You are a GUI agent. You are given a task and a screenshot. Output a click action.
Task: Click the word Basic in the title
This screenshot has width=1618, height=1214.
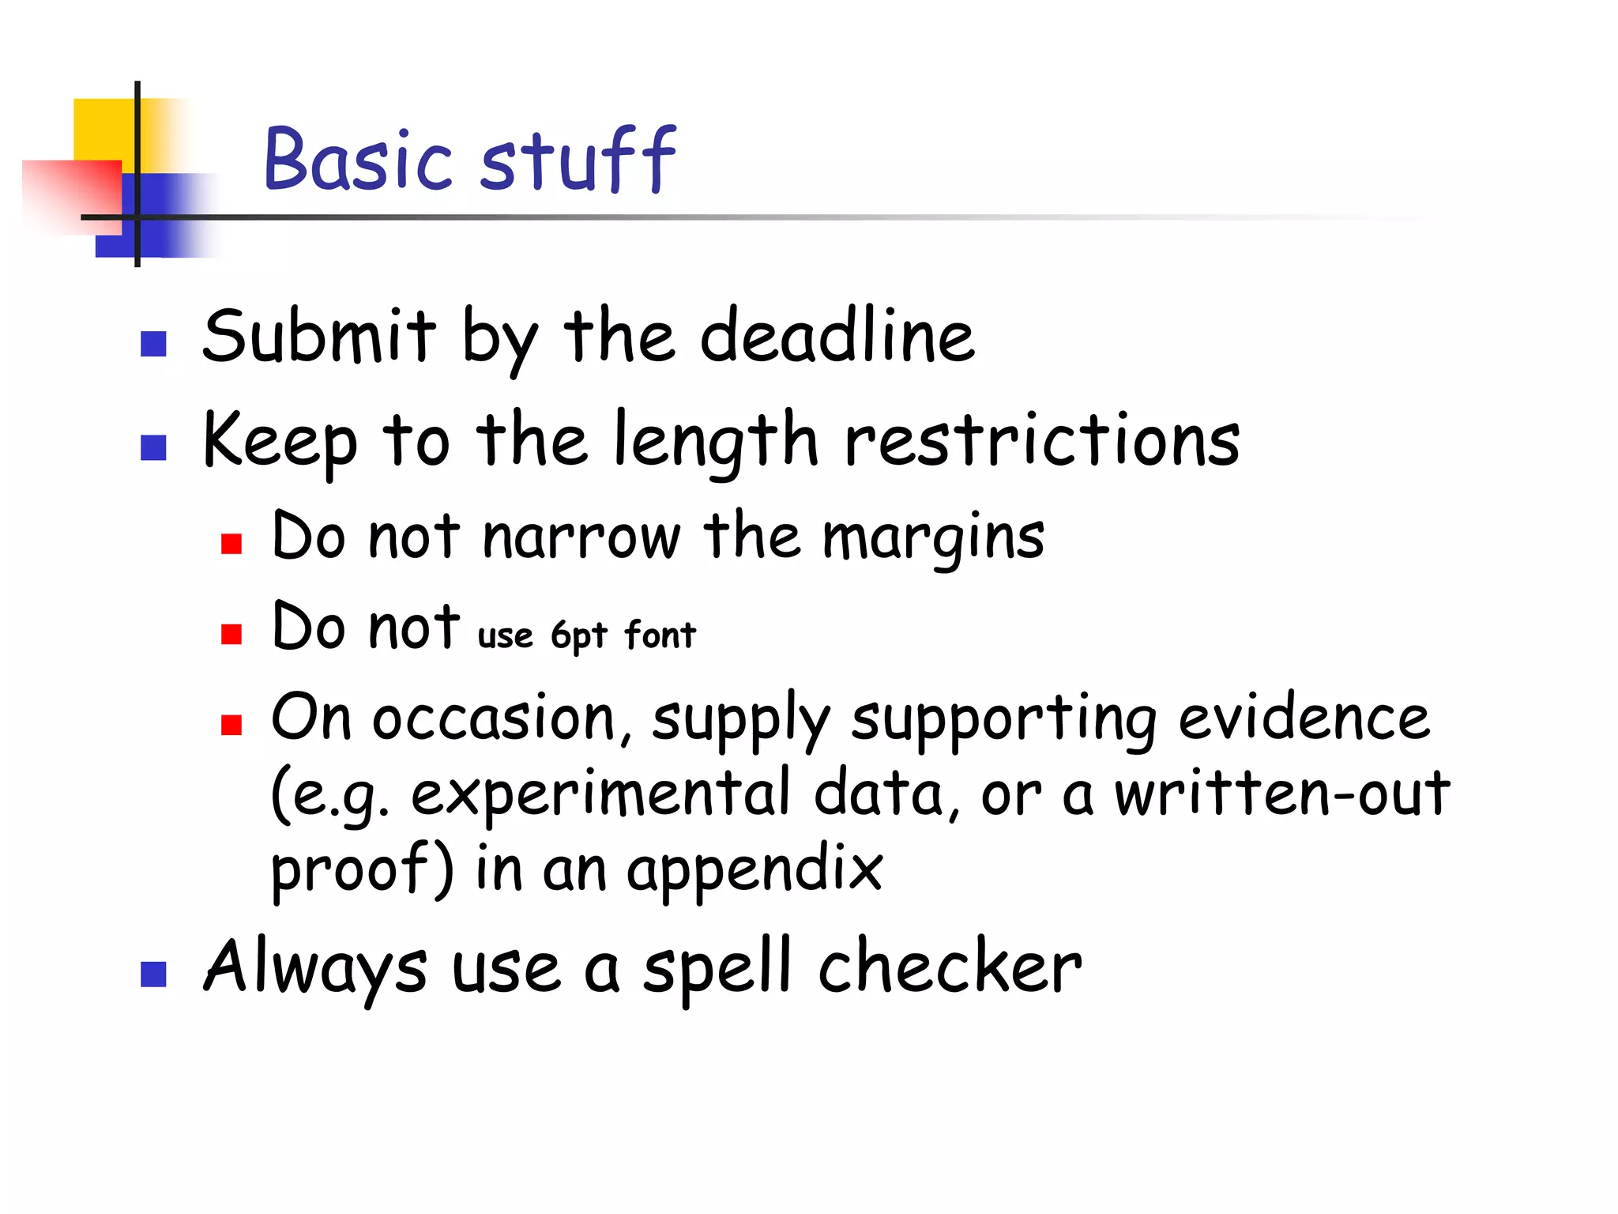[357, 160]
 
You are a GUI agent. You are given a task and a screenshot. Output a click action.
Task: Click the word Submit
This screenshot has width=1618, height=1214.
[318, 337]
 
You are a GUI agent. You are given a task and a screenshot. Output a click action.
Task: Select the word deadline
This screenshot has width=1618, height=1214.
[837, 337]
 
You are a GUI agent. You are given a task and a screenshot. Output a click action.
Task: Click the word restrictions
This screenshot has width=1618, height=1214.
[1042, 440]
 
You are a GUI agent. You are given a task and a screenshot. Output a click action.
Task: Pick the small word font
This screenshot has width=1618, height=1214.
[660, 635]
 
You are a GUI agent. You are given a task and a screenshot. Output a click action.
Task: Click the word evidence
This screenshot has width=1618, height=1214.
[1304, 718]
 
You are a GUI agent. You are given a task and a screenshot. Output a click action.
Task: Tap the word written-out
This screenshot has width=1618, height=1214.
[1282, 793]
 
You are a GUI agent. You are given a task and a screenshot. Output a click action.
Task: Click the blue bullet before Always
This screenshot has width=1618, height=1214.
[153, 975]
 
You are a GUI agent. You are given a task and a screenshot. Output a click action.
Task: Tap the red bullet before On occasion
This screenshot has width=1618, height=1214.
[231, 725]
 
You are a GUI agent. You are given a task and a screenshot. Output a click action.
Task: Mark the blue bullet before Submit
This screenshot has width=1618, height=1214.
[153, 344]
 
